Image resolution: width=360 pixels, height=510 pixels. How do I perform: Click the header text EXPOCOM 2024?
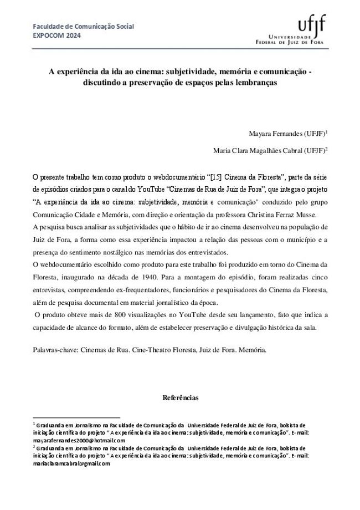coord(56,34)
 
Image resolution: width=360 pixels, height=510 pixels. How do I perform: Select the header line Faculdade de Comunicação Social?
coord(83,26)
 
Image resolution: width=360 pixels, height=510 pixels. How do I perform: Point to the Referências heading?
coord(180,398)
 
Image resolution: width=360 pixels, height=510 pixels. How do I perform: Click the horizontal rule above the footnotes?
coord(76,417)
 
